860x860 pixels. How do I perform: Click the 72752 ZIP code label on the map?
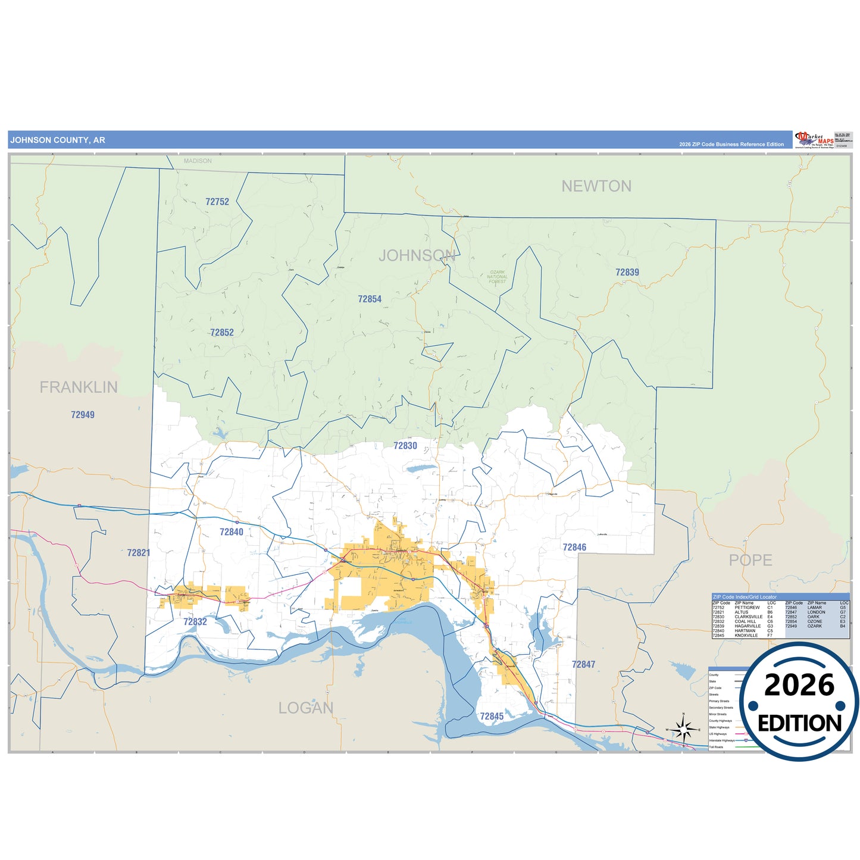217,202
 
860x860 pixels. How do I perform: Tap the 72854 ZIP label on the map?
370,299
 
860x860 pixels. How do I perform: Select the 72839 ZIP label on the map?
627,272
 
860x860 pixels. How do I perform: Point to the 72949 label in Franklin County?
83,415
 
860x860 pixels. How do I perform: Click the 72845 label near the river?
492,716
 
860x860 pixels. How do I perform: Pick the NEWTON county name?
596,186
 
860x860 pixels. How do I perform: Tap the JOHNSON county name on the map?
417,256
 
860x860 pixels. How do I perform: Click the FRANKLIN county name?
79,387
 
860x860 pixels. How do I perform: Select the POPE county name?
750,560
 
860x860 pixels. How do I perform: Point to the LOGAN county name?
306,708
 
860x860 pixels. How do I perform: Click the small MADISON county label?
198,161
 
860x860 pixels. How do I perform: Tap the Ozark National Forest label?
498,277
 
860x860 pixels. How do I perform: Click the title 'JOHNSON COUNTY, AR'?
58,140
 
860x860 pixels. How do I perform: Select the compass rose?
684,728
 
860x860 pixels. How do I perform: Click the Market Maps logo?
814,140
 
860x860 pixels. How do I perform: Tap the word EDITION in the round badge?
799,723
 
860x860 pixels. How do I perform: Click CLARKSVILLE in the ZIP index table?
748,617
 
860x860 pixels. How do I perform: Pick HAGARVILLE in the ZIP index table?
748,626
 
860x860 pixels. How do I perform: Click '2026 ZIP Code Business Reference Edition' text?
731,145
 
